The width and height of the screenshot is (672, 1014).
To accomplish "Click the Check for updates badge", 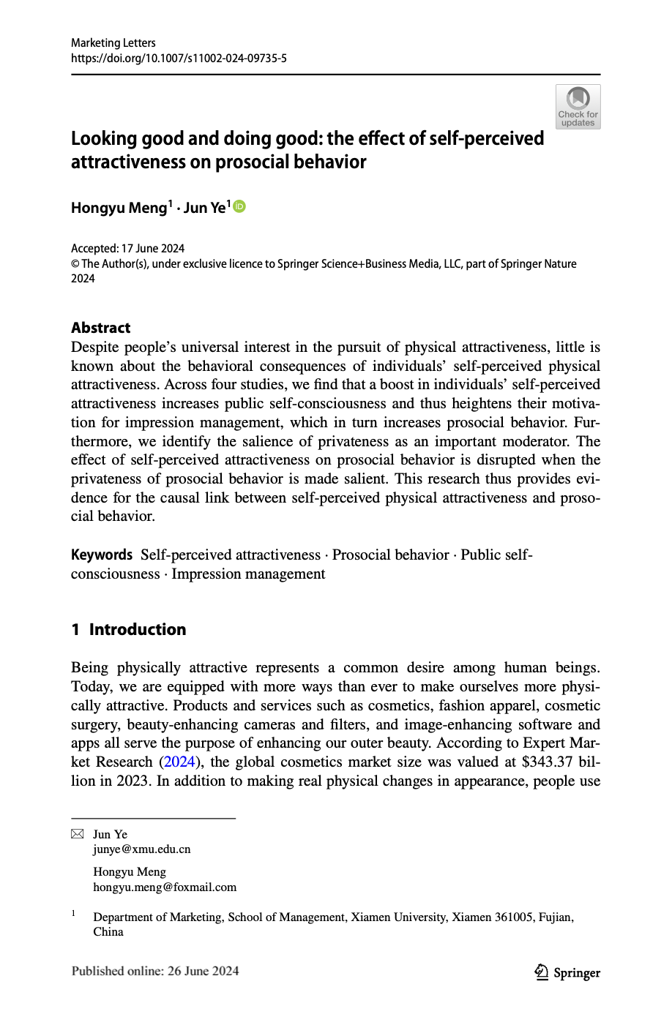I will tap(578, 107).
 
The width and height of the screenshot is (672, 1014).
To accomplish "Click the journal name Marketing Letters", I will tap(113, 42).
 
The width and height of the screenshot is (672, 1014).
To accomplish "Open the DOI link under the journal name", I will tap(179, 58).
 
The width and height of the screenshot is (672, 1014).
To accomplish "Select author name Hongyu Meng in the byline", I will tap(119, 208).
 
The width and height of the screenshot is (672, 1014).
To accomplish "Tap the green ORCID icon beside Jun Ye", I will tap(239, 207).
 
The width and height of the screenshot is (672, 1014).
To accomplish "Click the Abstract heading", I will tap(100, 328).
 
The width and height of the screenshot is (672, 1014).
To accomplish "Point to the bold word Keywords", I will tap(102, 555).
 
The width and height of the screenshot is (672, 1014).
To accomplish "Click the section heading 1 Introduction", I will tap(129, 629).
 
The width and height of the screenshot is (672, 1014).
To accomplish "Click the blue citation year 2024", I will tap(179, 762).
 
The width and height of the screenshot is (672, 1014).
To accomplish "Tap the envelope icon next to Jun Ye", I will tap(78, 834).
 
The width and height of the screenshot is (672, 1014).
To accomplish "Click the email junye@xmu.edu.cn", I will tap(141, 849).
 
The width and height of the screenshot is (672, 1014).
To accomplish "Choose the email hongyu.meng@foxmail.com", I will tap(165, 887).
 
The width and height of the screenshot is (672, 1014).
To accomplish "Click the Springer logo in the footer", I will tap(567, 972).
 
